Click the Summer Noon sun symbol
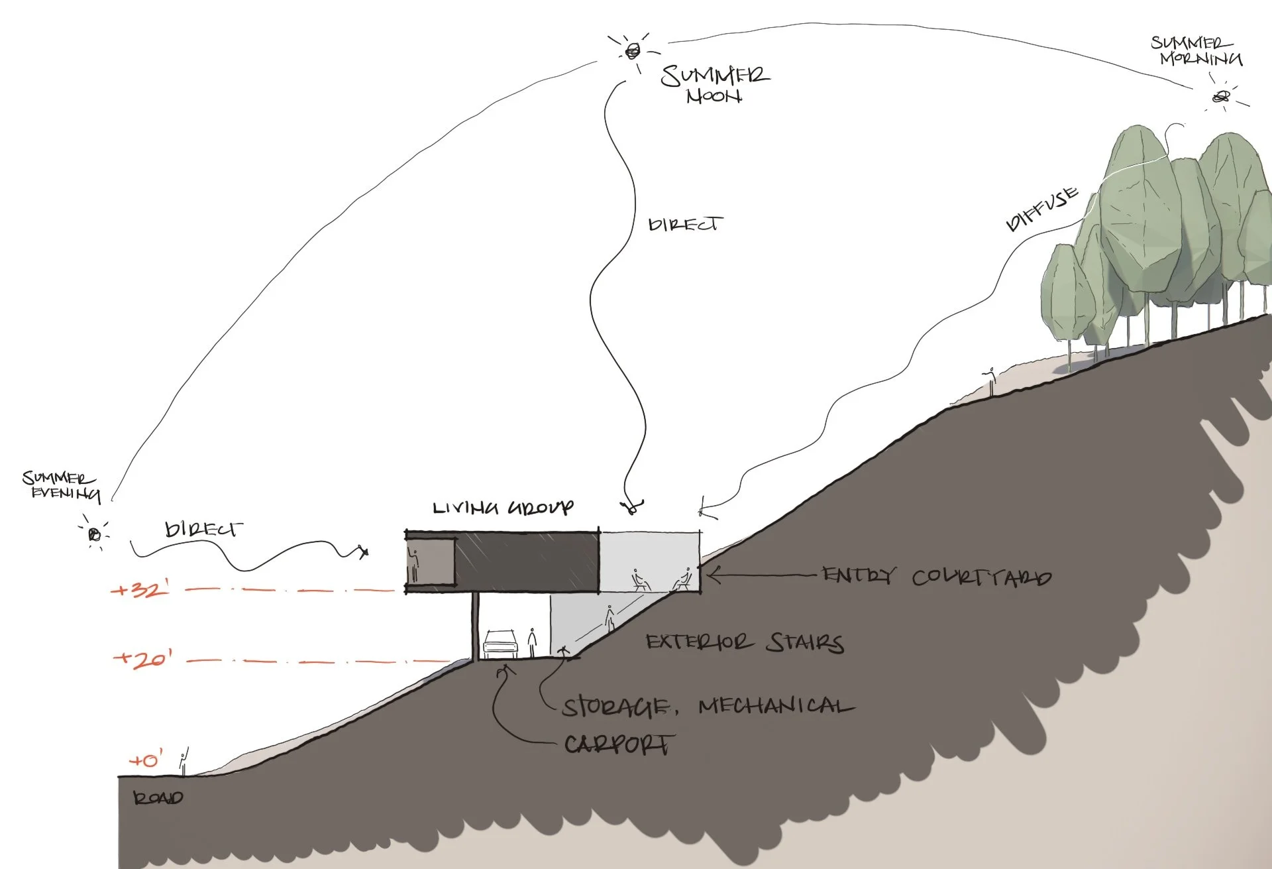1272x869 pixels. (x=633, y=49)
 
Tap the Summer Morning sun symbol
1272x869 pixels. (x=1220, y=97)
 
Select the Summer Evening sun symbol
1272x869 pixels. (x=95, y=534)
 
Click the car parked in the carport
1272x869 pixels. (x=500, y=644)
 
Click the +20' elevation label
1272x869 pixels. (x=143, y=659)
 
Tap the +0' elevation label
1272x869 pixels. (x=146, y=760)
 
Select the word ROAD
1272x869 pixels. (x=158, y=798)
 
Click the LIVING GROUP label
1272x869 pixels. (x=503, y=508)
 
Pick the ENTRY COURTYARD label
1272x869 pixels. (x=936, y=576)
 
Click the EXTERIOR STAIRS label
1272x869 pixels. (x=745, y=642)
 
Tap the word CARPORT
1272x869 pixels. (x=619, y=744)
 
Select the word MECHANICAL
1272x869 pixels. (x=776, y=706)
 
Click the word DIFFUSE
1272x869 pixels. (x=1041, y=209)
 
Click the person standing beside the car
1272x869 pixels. (x=531, y=642)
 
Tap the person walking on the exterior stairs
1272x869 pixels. (x=609, y=618)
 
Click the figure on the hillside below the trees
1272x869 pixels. (x=991, y=382)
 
